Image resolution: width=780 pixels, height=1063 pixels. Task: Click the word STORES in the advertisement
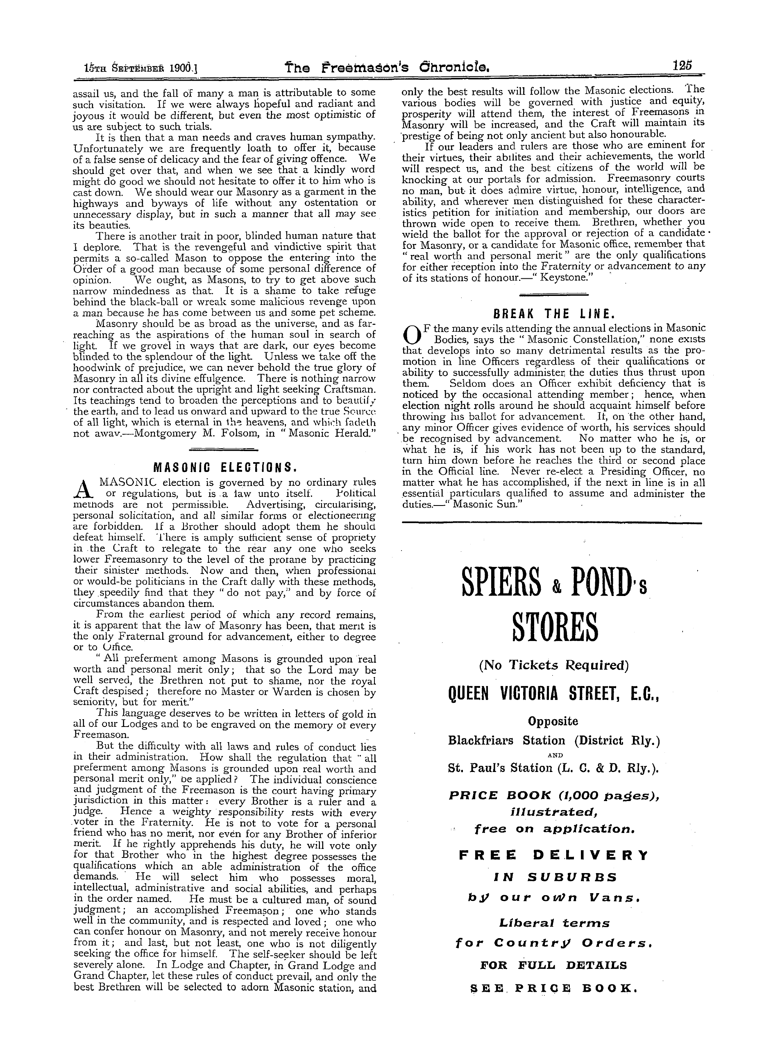coord(554,629)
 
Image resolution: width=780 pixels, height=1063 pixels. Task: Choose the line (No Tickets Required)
coord(554,665)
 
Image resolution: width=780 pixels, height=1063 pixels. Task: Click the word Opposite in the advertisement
coord(553,721)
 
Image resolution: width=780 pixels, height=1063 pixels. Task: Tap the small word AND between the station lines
coord(553,755)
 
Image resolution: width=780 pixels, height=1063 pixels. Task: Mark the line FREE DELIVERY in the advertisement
coord(553,855)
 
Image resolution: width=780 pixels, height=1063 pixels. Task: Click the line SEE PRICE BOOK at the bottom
coord(553,988)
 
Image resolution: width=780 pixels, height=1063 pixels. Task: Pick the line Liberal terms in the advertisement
coord(553,923)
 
